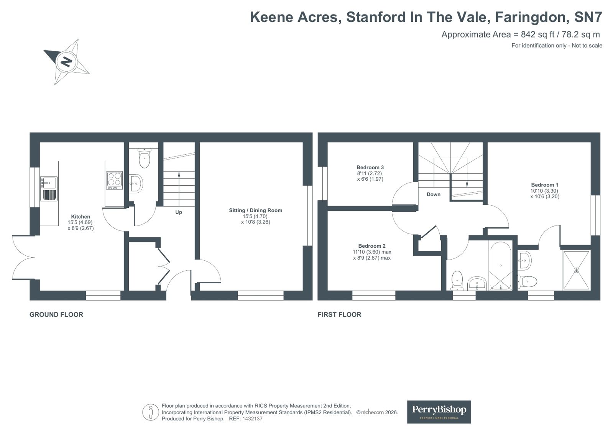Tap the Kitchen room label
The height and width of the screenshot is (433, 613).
coord(81,217)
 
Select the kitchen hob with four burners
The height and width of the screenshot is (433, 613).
coord(114,180)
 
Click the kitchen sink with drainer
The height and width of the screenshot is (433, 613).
coord(49,189)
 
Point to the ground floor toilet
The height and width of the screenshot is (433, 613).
coord(145,158)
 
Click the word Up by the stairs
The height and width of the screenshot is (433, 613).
coord(178,212)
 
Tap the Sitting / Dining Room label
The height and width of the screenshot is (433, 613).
coord(255,210)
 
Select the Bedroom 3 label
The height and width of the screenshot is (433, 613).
coord(370,167)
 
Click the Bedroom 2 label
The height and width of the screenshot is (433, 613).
coord(371,246)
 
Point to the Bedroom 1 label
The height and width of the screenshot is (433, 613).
coord(545,185)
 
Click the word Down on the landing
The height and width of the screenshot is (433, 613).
coord(434,194)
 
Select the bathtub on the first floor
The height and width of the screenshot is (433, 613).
coord(501,266)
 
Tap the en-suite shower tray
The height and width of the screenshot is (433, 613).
coord(576,270)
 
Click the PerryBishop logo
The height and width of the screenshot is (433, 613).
coord(439,412)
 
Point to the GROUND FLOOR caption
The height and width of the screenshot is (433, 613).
coord(56,315)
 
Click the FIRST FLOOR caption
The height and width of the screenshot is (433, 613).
coord(339,315)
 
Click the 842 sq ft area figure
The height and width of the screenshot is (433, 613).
coord(538,34)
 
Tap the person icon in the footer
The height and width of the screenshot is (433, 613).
coord(151,412)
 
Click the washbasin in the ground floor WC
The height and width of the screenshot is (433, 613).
coord(135,183)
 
